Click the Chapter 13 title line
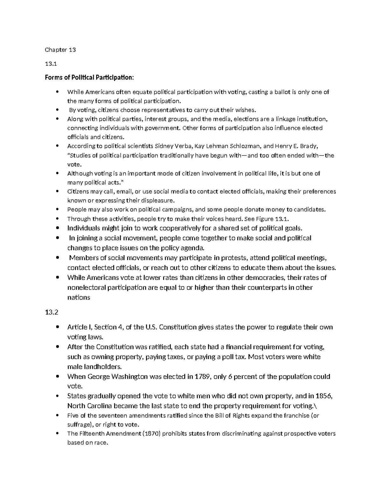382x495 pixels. click(60, 50)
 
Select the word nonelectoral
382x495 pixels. click(86, 288)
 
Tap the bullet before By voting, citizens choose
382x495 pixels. click(57, 110)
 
